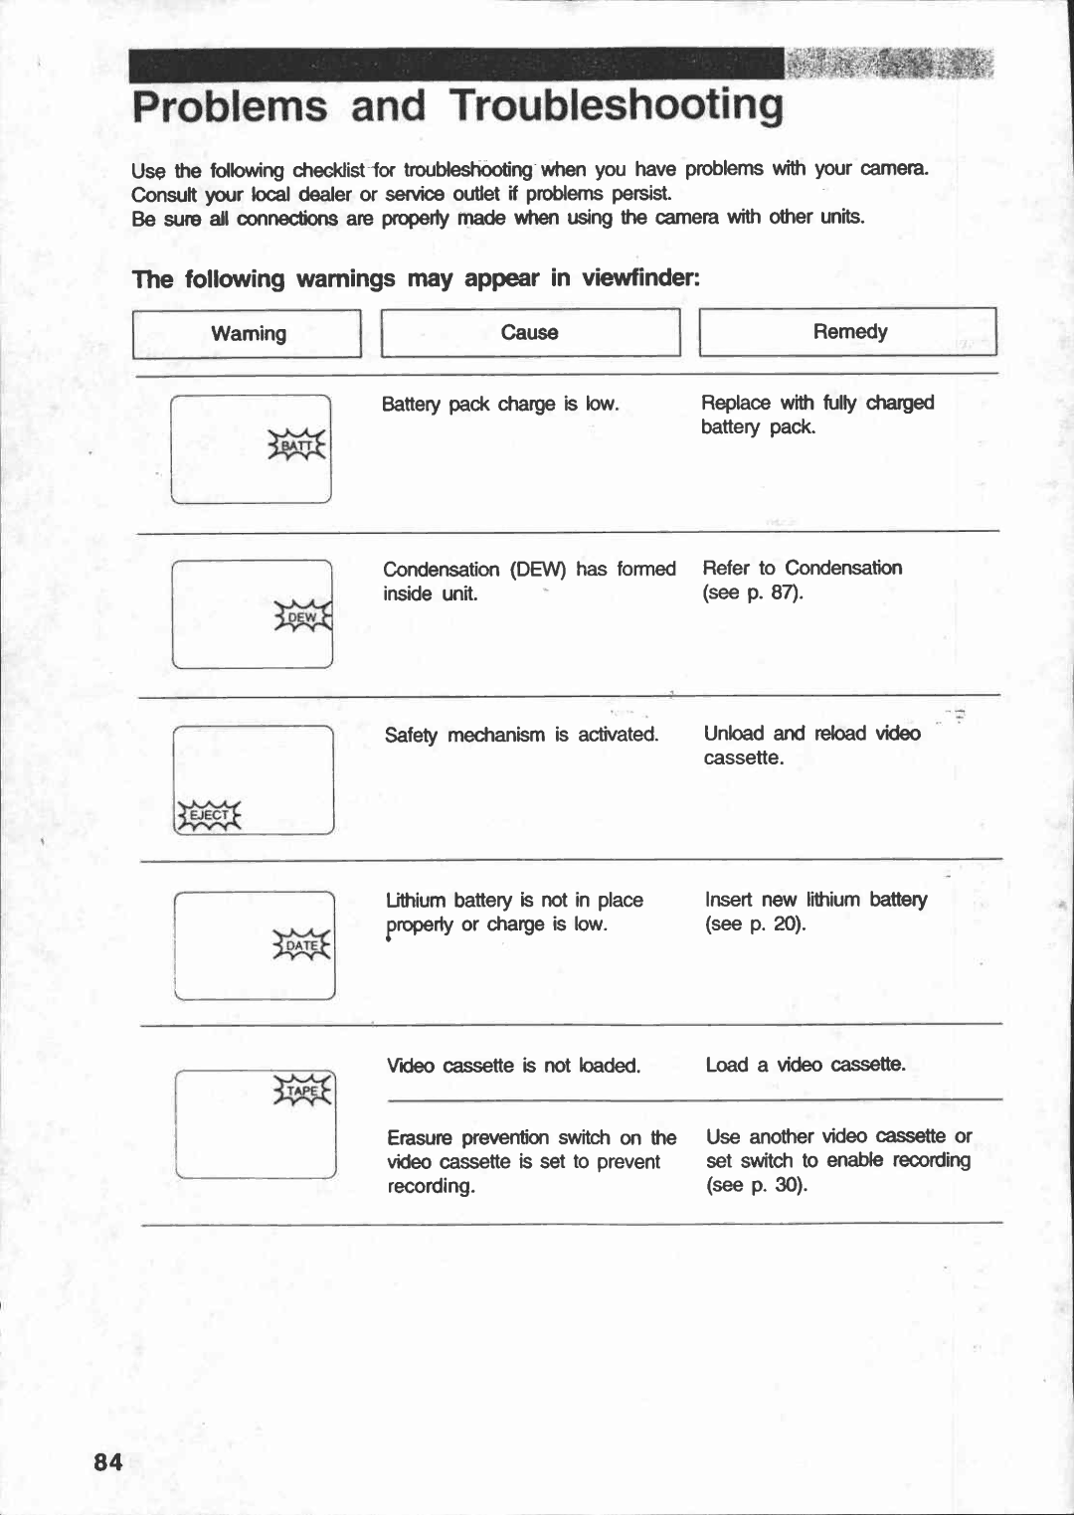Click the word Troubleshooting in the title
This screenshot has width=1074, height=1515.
[x=617, y=106]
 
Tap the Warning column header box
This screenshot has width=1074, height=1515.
[x=247, y=334]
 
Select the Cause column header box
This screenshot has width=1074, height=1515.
[x=530, y=333]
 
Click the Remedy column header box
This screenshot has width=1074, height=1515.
[x=848, y=332]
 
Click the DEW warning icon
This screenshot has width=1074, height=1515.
[x=302, y=617]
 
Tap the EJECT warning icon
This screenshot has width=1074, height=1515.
[x=209, y=815]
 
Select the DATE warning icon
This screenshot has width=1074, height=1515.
[x=304, y=945]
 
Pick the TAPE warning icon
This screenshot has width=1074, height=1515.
[x=304, y=1091]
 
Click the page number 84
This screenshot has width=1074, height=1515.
[x=108, y=1462]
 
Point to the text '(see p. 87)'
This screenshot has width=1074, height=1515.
[x=753, y=593]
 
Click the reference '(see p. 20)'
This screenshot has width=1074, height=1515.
[x=756, y=925]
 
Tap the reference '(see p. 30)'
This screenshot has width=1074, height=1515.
[x=757, y=1185]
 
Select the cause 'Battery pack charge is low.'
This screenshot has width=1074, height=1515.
[x=500, y=405]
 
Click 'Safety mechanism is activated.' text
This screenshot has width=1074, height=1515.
[x=521, y=736]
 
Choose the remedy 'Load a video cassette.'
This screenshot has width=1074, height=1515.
[x=805, y=1065]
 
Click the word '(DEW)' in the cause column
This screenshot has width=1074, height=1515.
[x=538, y=570]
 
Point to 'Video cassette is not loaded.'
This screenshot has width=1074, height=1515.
[x=513, y=1066]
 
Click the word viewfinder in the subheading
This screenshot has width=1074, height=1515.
[x=640, y=278]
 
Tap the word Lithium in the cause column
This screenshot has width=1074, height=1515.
[x=416, y=901]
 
